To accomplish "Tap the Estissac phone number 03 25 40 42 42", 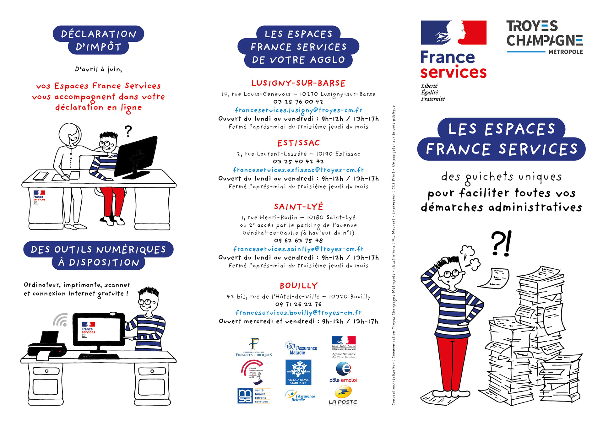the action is click(x=298, y=161).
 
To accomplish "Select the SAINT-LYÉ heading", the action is click(x=298, y=207).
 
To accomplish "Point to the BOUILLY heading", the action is click(x=299, y=286).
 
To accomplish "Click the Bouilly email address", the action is click(x=298, y=313).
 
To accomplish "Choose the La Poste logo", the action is click(x=343, y=396).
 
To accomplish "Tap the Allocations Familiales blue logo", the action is click(x=298, y=372).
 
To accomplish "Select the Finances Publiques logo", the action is click(x=254, y=347).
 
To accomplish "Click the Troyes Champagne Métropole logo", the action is click(x=545, y=37).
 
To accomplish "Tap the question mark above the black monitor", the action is click(x=128, y=131).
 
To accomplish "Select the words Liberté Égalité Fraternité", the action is click(x=433, y=92).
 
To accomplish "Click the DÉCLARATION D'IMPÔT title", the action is click(x=98, y=40).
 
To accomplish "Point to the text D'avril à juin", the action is click(x=98, y=69).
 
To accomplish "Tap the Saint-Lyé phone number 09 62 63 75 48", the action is click(x=298, y=240).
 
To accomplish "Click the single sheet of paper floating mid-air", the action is click(x=494, y=278).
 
